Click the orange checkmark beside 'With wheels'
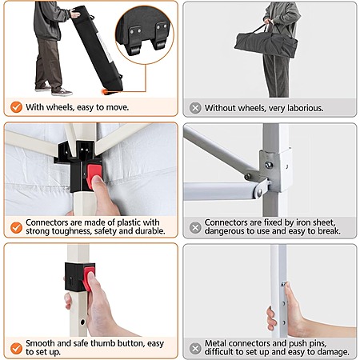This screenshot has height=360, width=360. [x=16, y=107]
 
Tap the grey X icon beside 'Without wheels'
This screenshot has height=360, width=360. [x=195, y=108]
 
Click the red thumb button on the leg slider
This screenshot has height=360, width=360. [x=89, y=280]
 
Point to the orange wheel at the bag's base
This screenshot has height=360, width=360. [x=105, y=92]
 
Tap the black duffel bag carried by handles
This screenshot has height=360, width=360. [x=266, y=44]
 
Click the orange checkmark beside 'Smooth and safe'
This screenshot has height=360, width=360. [x=16, y=348]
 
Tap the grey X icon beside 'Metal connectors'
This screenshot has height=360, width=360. [x=195, y=348]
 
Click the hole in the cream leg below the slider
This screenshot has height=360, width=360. [x=82, y=322]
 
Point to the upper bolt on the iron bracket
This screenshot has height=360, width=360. [x=269, y=165]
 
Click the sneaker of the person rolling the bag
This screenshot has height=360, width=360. [x=62, y=92]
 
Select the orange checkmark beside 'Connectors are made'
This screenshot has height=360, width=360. [x=16, y=227]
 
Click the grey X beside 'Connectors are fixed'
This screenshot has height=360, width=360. [x=195, y=227]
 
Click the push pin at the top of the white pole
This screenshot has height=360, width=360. [x=284, y=284]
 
